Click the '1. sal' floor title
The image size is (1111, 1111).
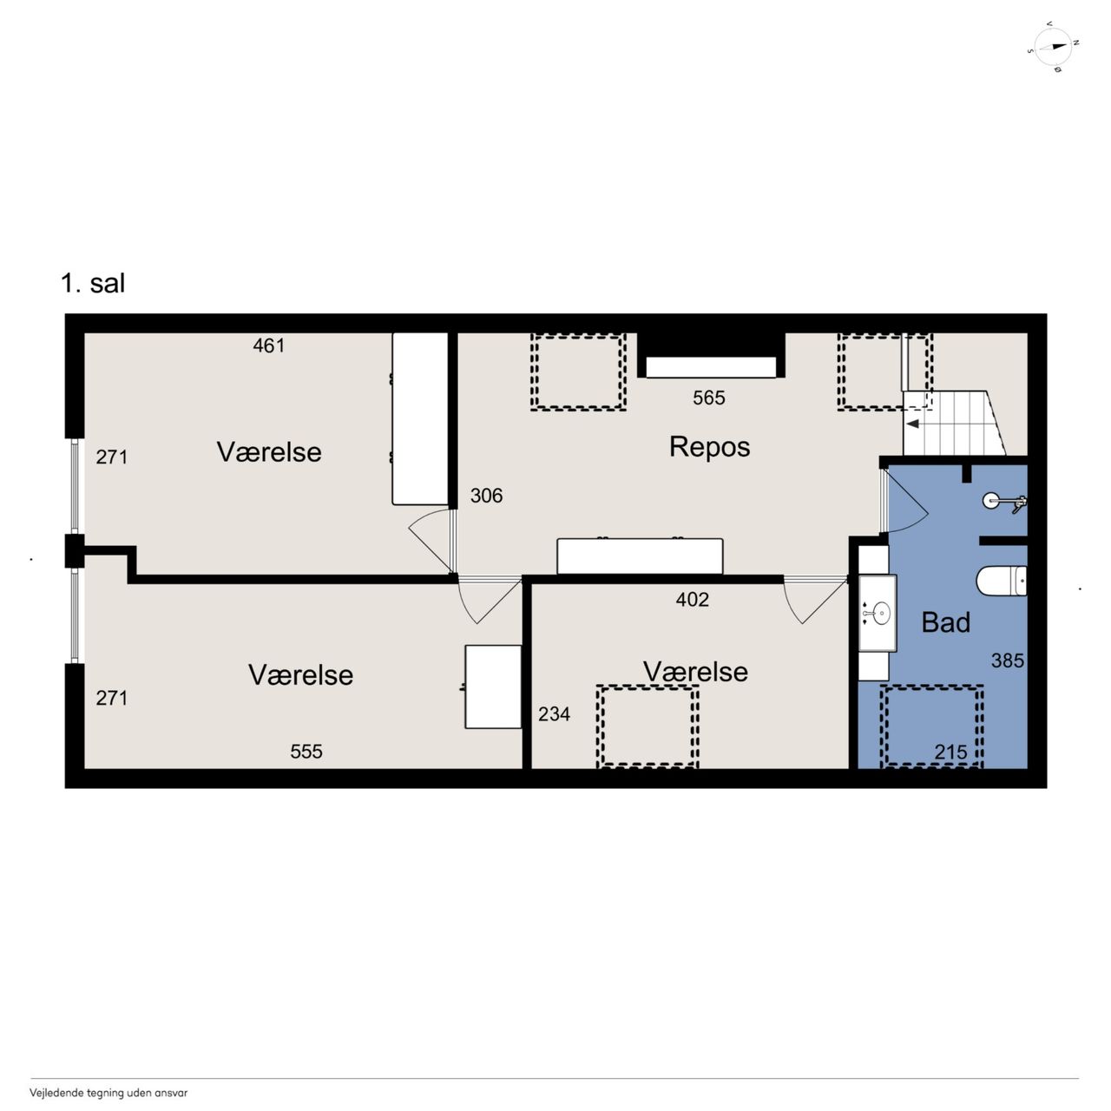93,283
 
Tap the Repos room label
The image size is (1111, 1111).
709,447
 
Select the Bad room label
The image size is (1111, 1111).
945,622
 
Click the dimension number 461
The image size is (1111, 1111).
269,345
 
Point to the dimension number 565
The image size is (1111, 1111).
708,398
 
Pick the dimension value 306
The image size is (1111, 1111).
486,496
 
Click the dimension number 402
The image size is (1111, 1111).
692,600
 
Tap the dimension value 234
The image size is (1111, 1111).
554,714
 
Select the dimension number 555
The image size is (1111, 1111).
306,752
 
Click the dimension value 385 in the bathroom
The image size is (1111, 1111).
1007,661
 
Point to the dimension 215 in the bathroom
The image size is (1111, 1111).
950,752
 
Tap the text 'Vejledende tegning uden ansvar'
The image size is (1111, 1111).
108,1093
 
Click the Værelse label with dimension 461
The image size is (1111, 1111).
269,452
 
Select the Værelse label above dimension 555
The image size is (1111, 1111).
300,675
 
